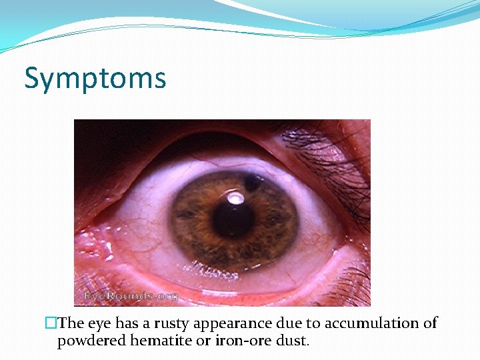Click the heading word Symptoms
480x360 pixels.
pyautogui.click(x=95, y=78)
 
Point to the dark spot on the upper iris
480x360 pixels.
pyautogui.click(x=253, y=181)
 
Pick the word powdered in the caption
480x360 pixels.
pyautogui.click(x=87, y=341)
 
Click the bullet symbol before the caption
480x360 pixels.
pyautogui.click(x=51, y=323)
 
